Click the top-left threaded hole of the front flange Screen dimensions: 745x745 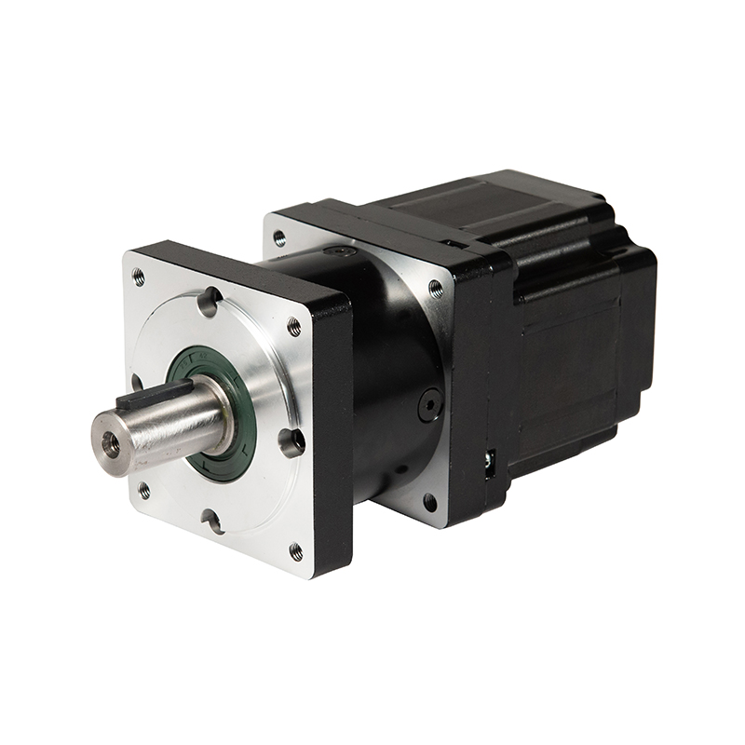(139, 277)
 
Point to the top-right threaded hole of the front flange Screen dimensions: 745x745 (294, 327)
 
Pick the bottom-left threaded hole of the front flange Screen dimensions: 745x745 (143, 489)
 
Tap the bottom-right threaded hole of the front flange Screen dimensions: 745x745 (296, 551)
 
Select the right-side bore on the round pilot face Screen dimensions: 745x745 (291, 440)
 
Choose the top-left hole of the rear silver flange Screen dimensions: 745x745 (279, 238)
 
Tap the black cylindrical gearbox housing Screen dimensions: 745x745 (391, 372)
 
